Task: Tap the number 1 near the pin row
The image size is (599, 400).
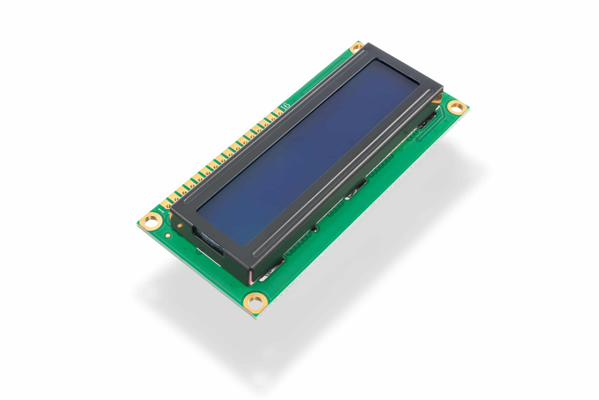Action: click(161, 210)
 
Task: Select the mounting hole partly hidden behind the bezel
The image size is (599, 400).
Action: click(357, 47)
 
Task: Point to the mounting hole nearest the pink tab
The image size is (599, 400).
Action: click(255, 303)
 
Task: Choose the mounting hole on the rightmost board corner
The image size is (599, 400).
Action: click(457, 107)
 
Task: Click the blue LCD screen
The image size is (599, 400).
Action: click(308, 153)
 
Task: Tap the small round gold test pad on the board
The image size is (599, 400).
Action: click(167, 235)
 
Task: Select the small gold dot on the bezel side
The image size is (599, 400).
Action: click(180, 225)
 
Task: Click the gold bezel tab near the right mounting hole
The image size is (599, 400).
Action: click(438, 98)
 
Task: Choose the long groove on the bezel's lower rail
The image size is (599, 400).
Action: click(341, 173)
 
